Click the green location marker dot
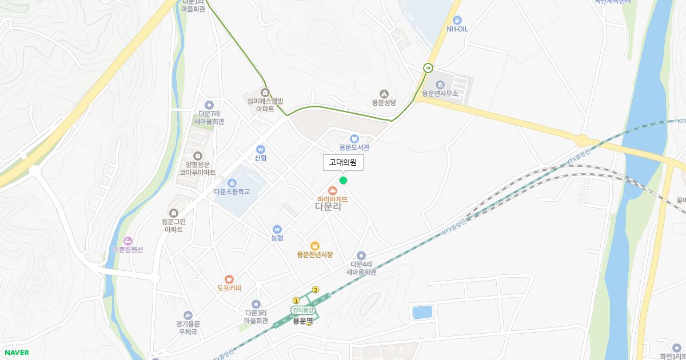point(343,181)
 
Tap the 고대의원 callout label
point(343,162)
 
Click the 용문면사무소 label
point(440,93)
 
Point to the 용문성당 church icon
point(384,94)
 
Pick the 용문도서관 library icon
point(354,138)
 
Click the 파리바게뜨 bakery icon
point(332,190)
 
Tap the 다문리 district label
point(328,207)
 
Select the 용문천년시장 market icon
point(314,246)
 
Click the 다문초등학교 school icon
point(232,183)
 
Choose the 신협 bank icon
point(261,149)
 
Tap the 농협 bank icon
point(277,229)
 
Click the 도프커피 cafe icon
point(229,279)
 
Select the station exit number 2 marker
point(315,290)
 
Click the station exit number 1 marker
point(296,301)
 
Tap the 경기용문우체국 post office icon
point(188,315)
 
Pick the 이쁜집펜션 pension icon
point(127,241)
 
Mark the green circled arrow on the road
point(428,68)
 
